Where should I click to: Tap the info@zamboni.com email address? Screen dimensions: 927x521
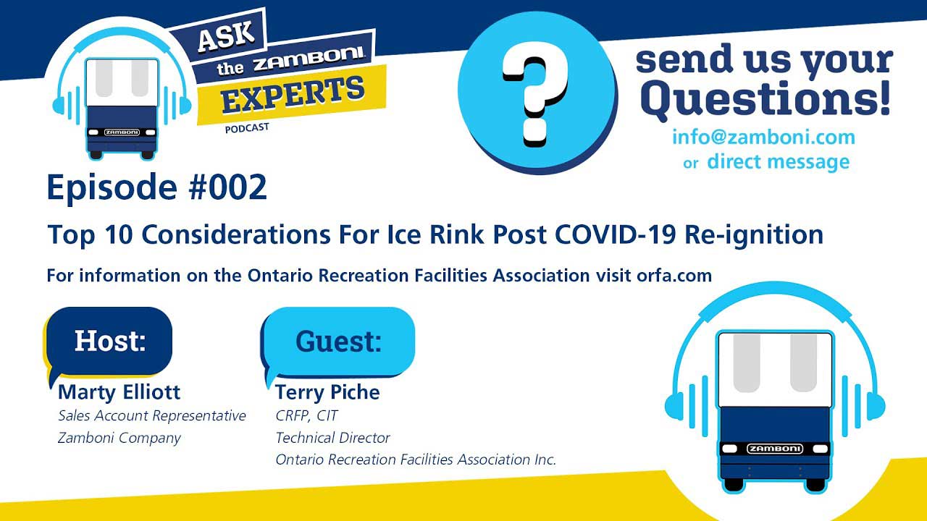tap(763, 137)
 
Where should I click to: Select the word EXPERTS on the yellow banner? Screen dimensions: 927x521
tap(293, 95)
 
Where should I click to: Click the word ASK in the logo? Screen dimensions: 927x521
tap(226, 36)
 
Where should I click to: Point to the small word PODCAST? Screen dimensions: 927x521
tap(247, 128)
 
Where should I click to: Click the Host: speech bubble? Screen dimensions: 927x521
tap(109, 342)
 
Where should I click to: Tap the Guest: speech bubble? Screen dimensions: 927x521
tap(338, 342)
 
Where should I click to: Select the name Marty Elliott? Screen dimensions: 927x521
tap(119, 392)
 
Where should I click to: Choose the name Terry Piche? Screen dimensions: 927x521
tap(327, 392)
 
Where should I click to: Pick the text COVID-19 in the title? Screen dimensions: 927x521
tap(615, 234)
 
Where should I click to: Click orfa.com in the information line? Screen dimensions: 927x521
tap(674, 276)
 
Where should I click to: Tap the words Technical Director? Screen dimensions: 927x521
tap(332, 438)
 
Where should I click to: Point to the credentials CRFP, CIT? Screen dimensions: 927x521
tap(306, 415)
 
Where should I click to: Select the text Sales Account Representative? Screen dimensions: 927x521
tap(152, 416)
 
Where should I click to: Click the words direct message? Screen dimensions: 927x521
tap(779, 161)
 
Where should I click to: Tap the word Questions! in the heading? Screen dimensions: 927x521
tap(767, 98)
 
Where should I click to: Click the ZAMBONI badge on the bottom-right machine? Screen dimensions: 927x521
tap(775, 449)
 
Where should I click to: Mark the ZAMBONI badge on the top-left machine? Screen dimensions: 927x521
tap(122, 132)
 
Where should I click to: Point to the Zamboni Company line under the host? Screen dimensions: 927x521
tap(119, 438)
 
